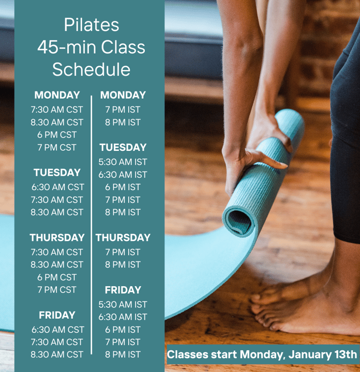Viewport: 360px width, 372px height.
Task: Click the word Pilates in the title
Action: coord(92,25)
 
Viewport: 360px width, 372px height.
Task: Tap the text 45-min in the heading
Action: coord(67,47)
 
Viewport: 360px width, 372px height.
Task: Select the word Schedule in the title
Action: coord(92,69)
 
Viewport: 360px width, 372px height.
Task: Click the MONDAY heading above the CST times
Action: coord(57,95)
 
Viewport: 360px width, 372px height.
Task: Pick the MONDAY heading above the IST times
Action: coord(123,95)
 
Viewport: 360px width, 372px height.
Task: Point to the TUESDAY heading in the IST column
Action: coord(123,147)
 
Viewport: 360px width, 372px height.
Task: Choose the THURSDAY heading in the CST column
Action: coord(57,238)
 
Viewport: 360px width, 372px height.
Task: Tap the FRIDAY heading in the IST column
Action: coord(123,290)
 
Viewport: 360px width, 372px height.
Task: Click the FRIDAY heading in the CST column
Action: coord(57,315)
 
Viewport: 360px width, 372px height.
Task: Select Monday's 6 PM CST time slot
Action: coord(57,135)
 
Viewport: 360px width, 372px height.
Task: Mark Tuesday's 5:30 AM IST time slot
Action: coord(123,162)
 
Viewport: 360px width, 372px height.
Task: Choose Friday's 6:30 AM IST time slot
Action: coord(123,317)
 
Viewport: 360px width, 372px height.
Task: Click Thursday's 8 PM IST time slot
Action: coord(123,265)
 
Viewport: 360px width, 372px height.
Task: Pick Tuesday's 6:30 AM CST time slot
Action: coord(58,187)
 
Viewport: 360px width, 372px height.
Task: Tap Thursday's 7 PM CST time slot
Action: coord(57,290)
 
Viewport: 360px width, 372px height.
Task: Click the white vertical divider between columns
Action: coord(91,225)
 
